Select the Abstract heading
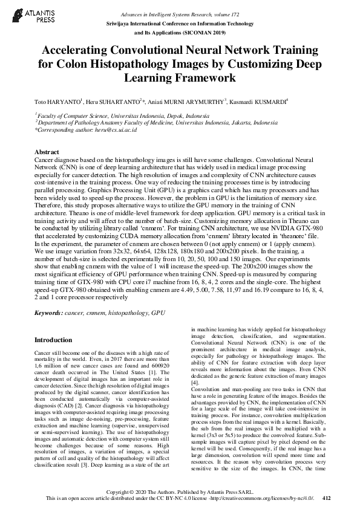[x=47, y=152]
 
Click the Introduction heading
[x=53, y=340]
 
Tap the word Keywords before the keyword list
[x=47, y=314]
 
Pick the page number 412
[x=327, y=498]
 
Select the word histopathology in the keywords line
[x=128, y=314]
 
